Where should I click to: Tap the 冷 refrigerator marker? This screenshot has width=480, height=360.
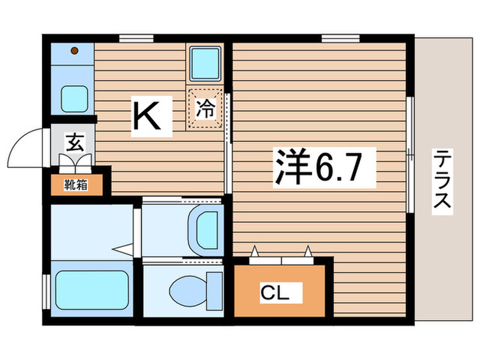pos(205,108)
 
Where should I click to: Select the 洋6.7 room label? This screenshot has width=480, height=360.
pos(325,167)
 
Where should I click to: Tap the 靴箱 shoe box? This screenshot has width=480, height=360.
pos(76,183)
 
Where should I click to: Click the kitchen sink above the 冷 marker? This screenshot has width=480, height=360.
pos(205,64)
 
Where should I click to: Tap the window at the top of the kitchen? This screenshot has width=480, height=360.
pos(134,38)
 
